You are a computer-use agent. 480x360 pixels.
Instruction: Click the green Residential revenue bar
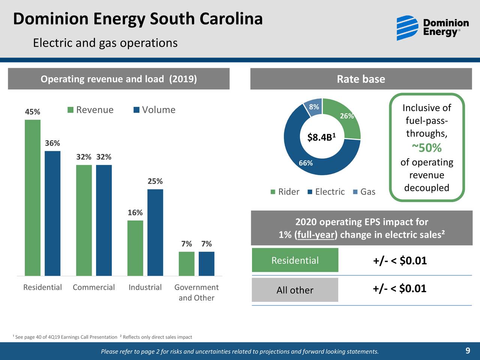[33, 198]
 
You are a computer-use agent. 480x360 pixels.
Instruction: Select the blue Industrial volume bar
[155, 232]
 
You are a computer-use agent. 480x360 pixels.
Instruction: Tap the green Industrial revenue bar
[135, 248]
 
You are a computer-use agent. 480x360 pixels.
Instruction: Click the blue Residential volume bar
[52, 213]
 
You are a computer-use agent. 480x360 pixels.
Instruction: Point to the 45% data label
[32, 112]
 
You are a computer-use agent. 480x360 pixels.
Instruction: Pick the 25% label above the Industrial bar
[155, 181]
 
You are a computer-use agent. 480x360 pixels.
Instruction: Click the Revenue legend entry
[90, 110]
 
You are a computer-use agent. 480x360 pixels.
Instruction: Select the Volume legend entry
[154, 110]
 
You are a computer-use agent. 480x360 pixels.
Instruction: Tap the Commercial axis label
[94, 287]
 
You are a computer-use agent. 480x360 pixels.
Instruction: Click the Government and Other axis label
[196, 292]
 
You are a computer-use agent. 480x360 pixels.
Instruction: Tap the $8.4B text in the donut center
[321, 137]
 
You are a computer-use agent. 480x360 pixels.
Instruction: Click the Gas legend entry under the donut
[364, 192]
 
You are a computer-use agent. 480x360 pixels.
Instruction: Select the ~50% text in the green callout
[427, 148]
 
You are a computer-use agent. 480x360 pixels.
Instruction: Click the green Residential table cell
[295, 260]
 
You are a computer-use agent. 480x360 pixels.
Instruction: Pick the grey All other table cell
[295, 290]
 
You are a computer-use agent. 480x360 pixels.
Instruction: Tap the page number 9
[468, 351]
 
